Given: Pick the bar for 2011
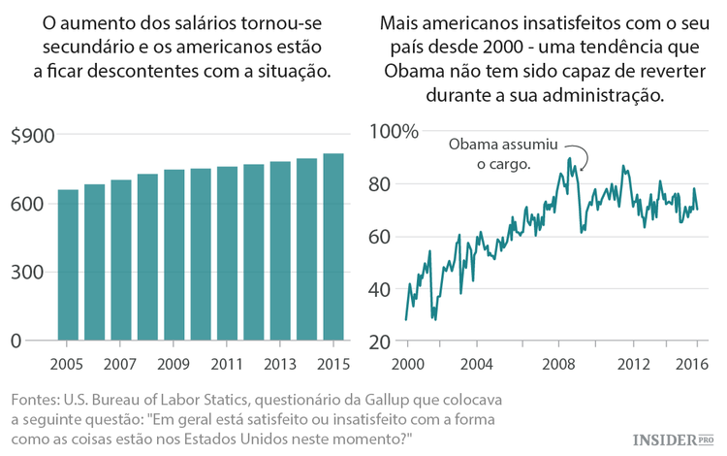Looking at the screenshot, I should (227, 253).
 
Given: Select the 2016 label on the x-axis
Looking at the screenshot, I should (692, 365).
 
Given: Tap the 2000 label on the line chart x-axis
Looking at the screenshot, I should (407, 365).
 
